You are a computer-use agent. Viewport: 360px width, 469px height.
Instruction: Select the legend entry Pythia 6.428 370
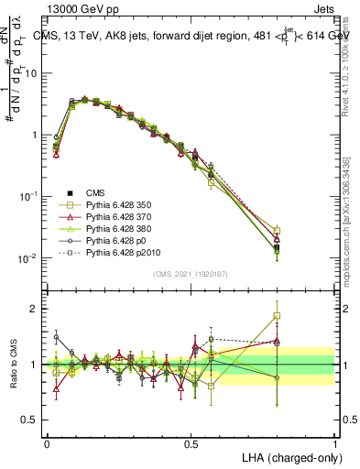point(120,221)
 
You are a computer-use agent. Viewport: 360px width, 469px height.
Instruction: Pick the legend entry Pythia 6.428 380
point(120,234)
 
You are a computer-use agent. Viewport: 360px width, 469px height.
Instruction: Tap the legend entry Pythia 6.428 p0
point(116,248)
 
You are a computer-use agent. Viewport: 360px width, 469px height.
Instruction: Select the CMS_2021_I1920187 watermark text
point(190,275)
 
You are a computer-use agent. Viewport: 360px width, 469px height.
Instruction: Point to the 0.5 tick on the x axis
point(191,443)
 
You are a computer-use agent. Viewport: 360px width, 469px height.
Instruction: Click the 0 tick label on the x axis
point(47,443)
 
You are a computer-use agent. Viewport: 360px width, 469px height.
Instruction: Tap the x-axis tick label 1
point(334,443)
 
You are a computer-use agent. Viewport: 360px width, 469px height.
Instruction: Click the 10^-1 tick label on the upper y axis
point(27,196)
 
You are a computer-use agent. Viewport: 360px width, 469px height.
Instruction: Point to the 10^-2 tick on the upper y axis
point(27,258)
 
